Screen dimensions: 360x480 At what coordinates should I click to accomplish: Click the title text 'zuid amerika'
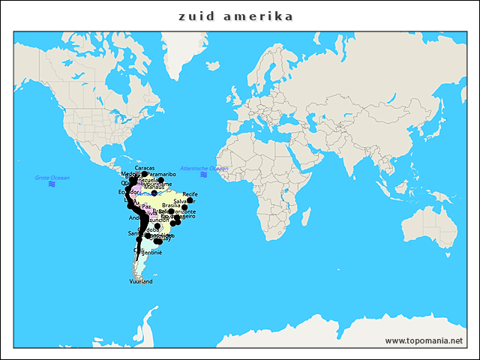236,16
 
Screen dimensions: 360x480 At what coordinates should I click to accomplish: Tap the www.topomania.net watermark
424,340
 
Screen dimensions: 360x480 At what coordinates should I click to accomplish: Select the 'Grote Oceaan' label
52,177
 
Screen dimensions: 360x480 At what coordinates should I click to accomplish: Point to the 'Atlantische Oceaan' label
204,168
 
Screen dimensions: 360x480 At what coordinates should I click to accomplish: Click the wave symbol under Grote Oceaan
52,184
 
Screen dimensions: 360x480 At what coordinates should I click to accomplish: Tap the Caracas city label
145,168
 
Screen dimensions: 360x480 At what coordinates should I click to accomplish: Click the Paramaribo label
160,174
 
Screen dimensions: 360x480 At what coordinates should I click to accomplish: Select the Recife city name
190,194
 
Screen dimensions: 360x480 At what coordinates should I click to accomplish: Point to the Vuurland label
141,281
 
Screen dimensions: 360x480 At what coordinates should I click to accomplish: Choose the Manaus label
154,187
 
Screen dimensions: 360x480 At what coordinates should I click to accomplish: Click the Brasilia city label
171,205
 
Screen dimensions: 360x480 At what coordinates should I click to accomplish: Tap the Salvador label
184,201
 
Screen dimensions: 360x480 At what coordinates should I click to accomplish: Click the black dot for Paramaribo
160,180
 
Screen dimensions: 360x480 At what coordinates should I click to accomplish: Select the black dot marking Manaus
154,193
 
